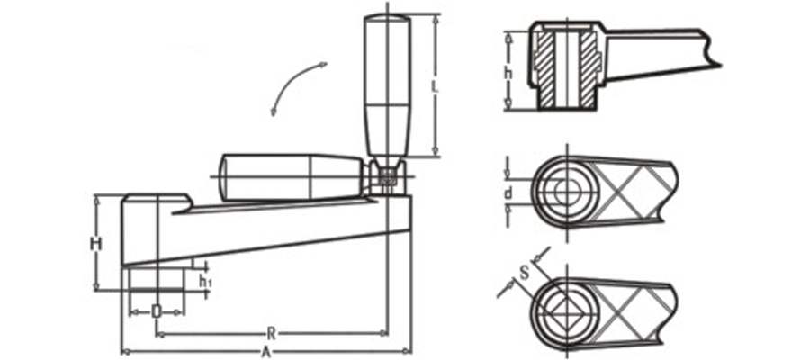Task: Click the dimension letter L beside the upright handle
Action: pos(434,87)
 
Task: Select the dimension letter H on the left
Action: pos(94,243)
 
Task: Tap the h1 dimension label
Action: pos(204,281)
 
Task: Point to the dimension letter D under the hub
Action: pos(156,310)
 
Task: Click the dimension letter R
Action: pos(271,333)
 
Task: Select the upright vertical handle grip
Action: pos(386,85)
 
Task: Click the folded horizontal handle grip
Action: pos(288,176)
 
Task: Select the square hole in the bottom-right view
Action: pos(566,315)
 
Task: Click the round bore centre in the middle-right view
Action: pos(566,192)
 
